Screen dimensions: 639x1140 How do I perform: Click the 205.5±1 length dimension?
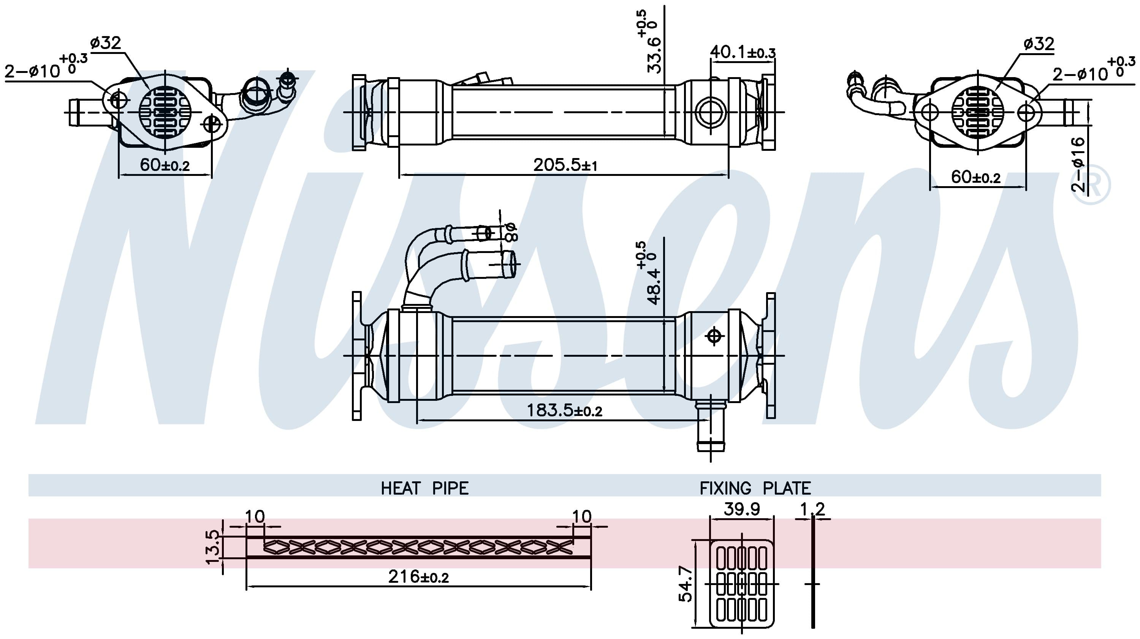point(565,165)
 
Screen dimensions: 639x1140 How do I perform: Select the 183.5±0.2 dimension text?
point(564,411)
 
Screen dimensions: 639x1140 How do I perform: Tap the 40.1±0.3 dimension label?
point(743,52)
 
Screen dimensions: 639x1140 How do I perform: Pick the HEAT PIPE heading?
point(424,488)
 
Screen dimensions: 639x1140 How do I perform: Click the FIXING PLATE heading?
point(755,488)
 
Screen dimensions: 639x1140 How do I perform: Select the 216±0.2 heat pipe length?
point(418,577)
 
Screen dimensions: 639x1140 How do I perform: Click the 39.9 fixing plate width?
point(742,509)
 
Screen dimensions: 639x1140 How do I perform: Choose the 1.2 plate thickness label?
point(812,509)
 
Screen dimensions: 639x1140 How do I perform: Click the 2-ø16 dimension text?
point(1078,164)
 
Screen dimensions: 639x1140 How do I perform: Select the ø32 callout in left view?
point(105,43)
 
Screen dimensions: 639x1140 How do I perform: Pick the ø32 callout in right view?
point(1039,44)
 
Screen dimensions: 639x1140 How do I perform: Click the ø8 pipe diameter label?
point(510,232)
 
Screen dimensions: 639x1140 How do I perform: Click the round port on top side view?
point(710,112)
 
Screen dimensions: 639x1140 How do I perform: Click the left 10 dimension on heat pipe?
point(255,516)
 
